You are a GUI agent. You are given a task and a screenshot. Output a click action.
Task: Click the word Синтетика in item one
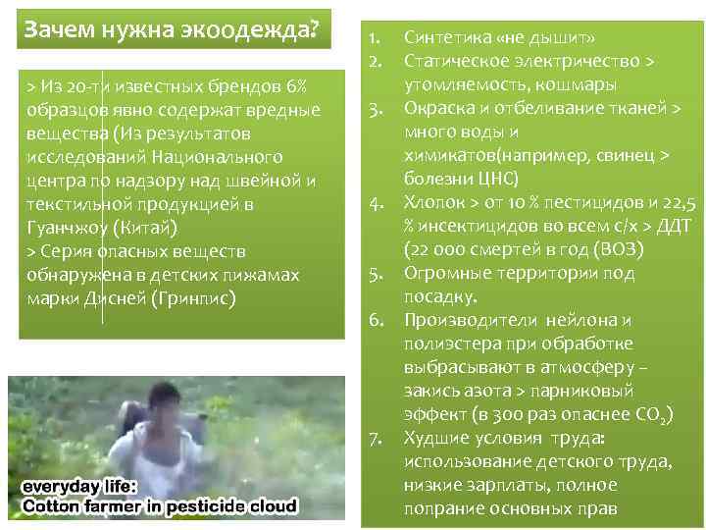[x=446, y=39]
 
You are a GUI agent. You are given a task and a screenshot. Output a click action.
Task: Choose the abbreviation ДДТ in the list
[x=671, y=227]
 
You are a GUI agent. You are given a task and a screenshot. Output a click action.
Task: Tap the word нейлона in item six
[x=578, y=321]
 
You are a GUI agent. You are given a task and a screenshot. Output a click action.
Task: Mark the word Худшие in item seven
[x=433, y=438]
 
